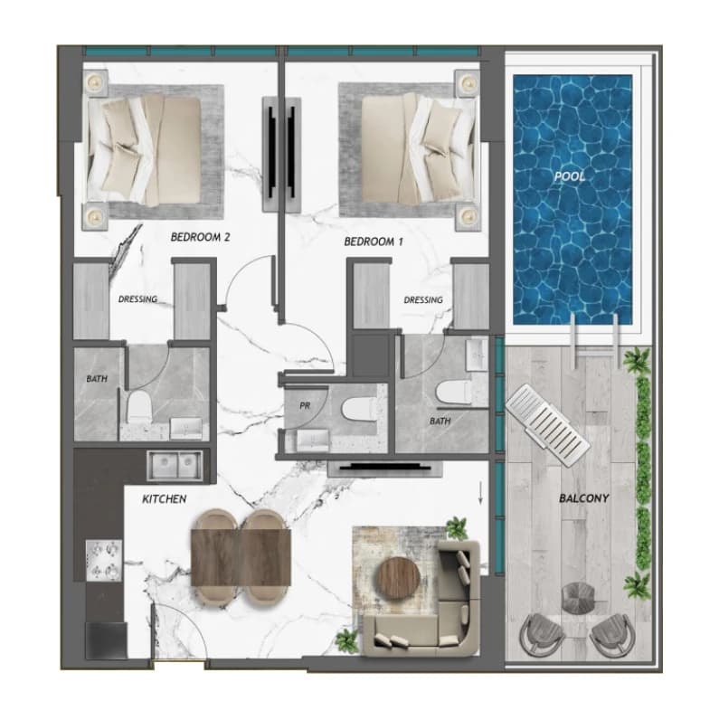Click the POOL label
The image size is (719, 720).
pyautogui.click(x=570, y=176)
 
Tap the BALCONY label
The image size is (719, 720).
pyautogui.click(x=584, y=498)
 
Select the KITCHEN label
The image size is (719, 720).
pyautogui.click(x=165, y=499)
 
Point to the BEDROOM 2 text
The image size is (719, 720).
pyautogui.click(x=200, y=237)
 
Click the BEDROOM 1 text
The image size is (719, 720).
pyautogui.click(x=374, y=242)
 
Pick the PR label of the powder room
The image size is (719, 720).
pyautogui.click(x=305, y=406)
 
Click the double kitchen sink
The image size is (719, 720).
pyautogui.click(x=175, y=465)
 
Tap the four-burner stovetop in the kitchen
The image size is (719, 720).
pyautogui.click(x=104, y=560)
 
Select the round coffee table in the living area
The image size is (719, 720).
pyautogui.click(x=399, y=579)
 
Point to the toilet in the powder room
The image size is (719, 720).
pyautogui.click(x=358, y=410)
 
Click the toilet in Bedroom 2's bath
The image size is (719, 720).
pyautogui.click(x=139, y=406)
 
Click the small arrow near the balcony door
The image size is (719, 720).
pyautogui.click(x=481, y=493)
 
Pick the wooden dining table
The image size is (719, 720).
pyautogui.click(x=241, y=557)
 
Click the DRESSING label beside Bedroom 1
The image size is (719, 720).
pyautogui.click(x=423, y=299)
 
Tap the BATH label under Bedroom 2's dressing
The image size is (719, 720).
pyautogui.click(x=97, y=379)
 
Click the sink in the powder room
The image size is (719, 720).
pyautogui.click(x=313, y=441)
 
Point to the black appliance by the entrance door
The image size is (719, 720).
pyautogui.click(x=106, y=640)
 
